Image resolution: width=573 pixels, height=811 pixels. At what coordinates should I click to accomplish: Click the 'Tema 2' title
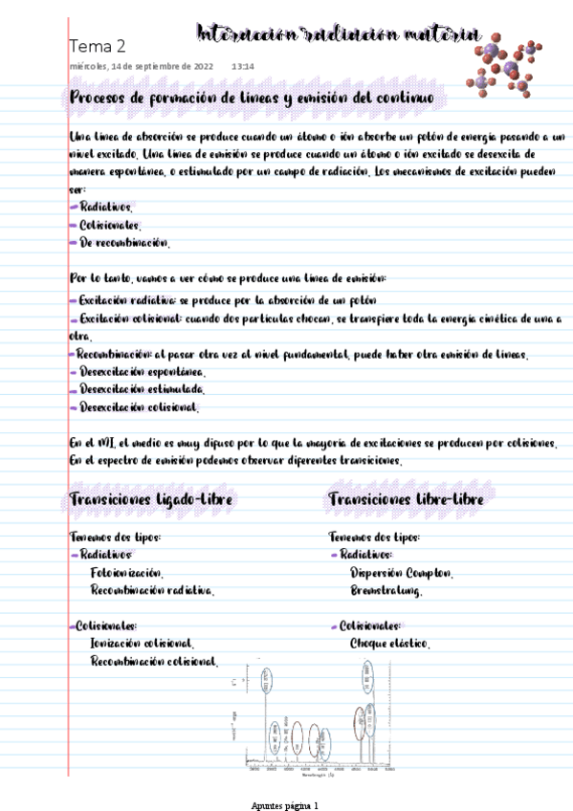98,46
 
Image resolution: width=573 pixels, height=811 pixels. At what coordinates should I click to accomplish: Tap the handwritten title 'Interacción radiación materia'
337,34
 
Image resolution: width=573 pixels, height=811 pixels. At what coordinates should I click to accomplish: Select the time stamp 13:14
243,67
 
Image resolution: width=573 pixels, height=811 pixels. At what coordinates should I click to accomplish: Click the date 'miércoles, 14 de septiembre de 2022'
142,67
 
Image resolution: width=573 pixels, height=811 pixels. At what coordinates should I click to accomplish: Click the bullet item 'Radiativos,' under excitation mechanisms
106,207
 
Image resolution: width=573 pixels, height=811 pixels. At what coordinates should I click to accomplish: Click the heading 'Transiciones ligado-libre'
152,500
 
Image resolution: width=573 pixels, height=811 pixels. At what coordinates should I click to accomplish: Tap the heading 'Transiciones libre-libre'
406,500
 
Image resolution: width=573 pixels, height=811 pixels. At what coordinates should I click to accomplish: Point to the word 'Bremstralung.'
386,591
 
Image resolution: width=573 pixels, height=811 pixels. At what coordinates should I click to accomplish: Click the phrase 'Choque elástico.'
389,645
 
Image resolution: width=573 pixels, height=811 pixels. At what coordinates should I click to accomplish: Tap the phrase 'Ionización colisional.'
142,645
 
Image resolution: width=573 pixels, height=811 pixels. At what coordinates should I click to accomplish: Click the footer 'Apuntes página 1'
284,805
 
